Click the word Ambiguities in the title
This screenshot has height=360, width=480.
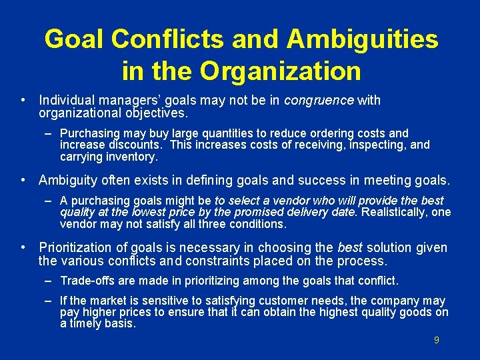(363, 39)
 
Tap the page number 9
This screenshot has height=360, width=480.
(437, 340)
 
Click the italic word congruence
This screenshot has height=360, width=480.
(319, 101)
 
